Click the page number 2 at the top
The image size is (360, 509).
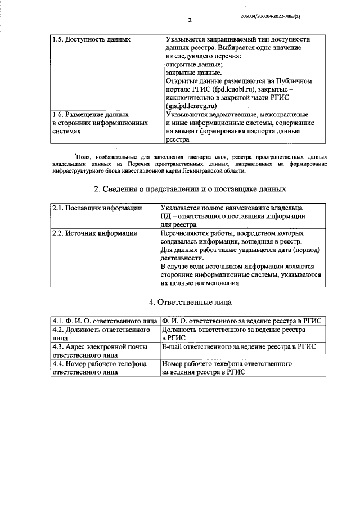click(190, 21)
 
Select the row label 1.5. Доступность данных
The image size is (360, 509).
click(91, 40)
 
